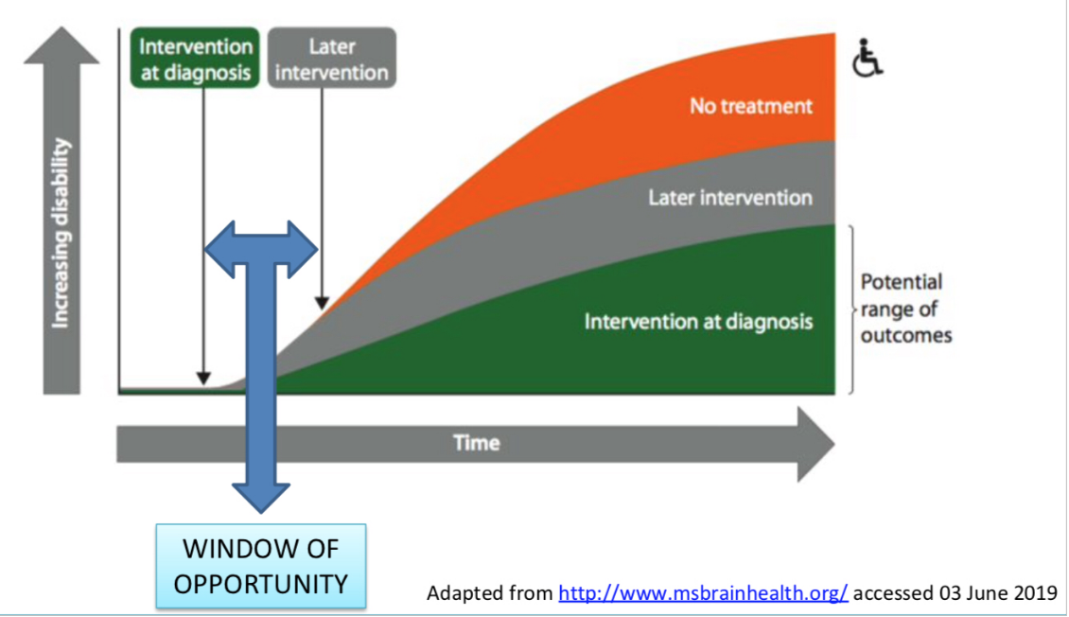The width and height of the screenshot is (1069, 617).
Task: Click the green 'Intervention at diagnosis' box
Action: (196, 59)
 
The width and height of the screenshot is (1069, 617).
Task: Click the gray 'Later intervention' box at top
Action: (331, 59)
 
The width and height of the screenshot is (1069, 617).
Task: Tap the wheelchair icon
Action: (867, 58)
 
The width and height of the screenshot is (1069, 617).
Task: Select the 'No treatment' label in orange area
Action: (750, 105)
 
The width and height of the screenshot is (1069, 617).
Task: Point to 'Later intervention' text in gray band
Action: (729, 198)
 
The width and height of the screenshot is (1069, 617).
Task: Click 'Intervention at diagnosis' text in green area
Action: (698, 321)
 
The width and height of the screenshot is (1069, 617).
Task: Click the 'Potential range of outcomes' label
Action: (905, 308)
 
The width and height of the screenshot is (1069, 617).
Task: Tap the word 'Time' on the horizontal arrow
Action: (476, 442)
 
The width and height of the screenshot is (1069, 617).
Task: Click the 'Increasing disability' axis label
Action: (61, 234)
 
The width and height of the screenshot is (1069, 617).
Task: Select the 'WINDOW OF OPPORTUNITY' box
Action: (261, 566)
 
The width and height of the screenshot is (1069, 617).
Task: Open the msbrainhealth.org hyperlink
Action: (704, 593)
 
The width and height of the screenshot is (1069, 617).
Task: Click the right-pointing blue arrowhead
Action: (302, 249)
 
